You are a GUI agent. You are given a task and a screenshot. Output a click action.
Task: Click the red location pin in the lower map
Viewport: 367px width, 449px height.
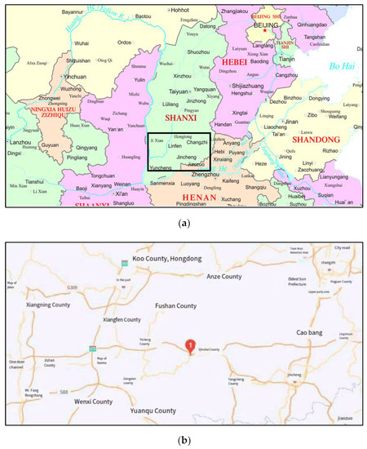[x=190, y=346]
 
